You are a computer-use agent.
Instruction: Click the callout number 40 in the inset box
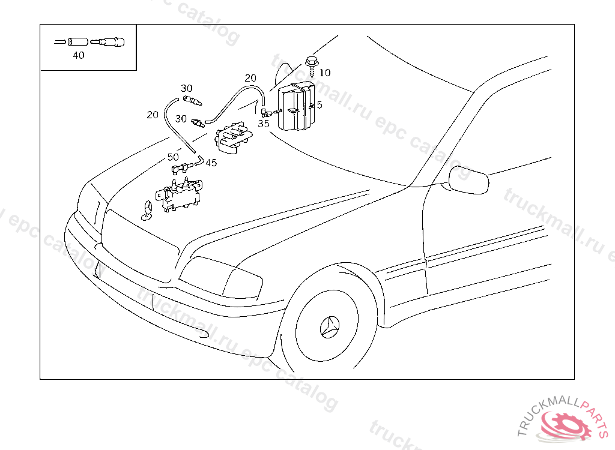click(x=78, y=55)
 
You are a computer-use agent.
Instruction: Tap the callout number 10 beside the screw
click(x=325, y=73)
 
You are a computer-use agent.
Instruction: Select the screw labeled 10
click(x=312, y=64)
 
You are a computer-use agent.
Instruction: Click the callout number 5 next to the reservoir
click(x=320, y=105)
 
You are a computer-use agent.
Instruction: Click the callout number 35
click(x=264, y=124)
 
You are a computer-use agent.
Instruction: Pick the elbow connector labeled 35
click(x=264, y=112)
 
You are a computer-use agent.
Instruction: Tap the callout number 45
click(x=211, y=162)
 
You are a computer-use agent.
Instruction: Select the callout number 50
click(x=173, y=157)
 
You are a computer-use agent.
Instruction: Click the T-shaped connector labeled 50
click(x=179, y=169)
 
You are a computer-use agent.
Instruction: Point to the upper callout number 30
click(x=187, y=88)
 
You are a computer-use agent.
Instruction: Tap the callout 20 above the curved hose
click(x=250, y=78)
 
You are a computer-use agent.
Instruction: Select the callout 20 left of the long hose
click(x=153, y=115)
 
